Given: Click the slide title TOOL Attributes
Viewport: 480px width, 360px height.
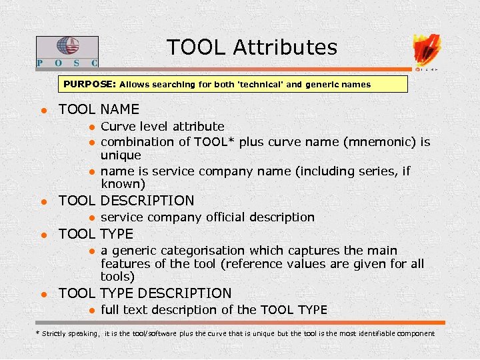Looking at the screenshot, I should click(x=252, y=47).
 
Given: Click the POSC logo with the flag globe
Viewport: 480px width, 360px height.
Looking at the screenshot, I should click(x=67, y=51).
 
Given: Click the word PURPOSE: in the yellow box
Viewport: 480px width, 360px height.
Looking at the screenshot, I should click(x=90, y=85).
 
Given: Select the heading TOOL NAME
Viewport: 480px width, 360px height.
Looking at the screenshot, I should click(x=99, y=109).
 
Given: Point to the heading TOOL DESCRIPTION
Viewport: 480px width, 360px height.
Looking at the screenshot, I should click(x=126, y=201).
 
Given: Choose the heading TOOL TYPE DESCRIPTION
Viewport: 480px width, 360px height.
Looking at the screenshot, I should click(x=145, y=293).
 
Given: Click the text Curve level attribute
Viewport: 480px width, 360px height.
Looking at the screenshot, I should click(x=162, y=127).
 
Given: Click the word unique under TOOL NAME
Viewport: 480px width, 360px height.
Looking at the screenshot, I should click(x=121, y=155).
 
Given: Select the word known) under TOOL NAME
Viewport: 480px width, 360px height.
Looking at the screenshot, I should click(x=123, y=184).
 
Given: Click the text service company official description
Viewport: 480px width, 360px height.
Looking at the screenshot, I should click(x=207, y=217).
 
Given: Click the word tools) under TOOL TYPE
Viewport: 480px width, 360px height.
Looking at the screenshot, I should click(x=117, y=277).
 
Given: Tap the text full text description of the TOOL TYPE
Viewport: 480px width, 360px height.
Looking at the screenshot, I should click(x=213, y=310).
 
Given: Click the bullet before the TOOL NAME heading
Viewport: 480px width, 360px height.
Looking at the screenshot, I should click(x=41, y=110).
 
